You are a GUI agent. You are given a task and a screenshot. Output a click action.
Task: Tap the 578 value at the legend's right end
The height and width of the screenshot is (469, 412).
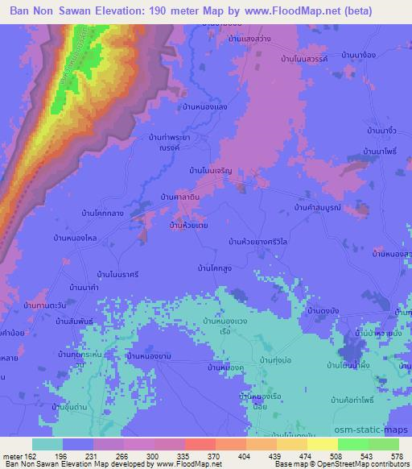pos(398,454)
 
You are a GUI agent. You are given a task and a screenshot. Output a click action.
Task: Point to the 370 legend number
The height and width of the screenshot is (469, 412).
pos(215,454)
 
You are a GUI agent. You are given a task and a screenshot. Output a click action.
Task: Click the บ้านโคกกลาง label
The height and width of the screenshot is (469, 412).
pos(101,213)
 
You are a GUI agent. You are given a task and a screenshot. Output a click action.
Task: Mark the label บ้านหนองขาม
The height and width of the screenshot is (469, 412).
pos(151,355)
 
